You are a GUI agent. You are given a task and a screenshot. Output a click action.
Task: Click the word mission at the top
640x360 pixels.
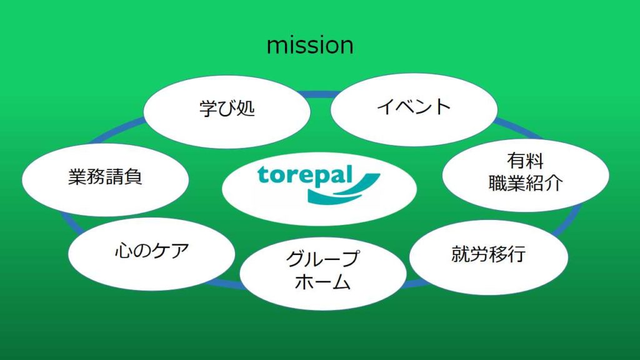pyautogui.click(x=310, y=46)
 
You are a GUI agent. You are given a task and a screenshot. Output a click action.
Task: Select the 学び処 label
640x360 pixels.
pyautogui.click(x=227, y=109)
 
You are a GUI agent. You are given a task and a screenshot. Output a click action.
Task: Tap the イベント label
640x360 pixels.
pyautogui.click(x=414, y=107)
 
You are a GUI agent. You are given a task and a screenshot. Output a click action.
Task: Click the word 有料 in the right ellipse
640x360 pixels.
pyautogui.click(x=525, y=161)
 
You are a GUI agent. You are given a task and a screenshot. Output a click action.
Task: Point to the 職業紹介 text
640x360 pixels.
pyautogui.click(x=526, y=182)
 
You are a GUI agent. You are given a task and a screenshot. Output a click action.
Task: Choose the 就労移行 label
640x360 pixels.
pyautogui.click(x=489, y=254)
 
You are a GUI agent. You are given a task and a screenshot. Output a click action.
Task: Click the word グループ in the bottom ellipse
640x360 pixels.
pyautogui.click(x=323, y=258)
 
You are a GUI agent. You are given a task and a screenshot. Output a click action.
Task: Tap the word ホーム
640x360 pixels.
pyautogui.click(x=322, y=282)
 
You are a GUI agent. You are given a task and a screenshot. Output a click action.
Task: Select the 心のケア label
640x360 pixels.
pyautogui.click(x=152, y=250)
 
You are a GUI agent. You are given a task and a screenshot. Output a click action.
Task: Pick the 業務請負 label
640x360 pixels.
pyautogui.click(x=105, y=177)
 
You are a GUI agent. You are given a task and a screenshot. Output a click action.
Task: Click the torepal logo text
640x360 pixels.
pyautogui.click(x=304, y=176)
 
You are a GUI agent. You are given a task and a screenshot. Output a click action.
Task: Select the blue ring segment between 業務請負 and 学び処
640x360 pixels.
pyautogui.click(x=116, y=131)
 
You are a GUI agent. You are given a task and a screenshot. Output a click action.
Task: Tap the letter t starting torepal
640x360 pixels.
pyautogui.click(x=262, y=175)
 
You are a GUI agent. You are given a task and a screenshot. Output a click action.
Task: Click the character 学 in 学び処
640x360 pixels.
pyautogui.click(x=208, y=109)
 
